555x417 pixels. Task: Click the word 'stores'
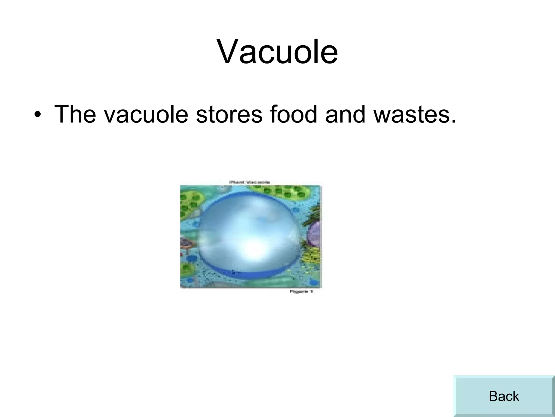tap(229, 114)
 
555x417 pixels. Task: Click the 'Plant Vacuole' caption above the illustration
tap(250, 182)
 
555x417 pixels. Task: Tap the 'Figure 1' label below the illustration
tap(301, 292)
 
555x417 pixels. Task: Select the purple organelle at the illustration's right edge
tap(315, 233)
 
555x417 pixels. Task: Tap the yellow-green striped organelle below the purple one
tap(312, 255)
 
